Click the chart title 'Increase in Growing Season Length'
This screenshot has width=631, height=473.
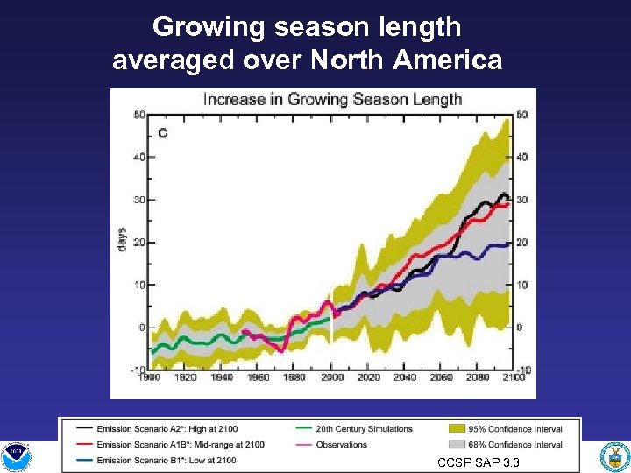pyautogui.click(x=332, y=99)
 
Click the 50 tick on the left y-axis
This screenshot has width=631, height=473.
pyautogui.click(x=139, y=115)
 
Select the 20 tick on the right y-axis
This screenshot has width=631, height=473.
pyautogui.click(x=521, y=243)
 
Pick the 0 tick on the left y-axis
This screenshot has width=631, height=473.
pyautogui.click(x=140, y=328)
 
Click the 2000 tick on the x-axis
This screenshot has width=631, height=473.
pyautogui.click(x=332, y=378)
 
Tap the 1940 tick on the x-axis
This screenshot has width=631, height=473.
pyautogui.click(x=223, y=378)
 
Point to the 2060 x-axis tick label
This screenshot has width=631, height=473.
pyautogui.click(x=442, y=378)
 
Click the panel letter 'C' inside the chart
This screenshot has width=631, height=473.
pyautogui.click(x=162, y=133)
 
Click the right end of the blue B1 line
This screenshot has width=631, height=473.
pyautogui.click(x=509, y=245)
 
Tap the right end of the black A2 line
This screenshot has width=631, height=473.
pyautogui.click(x=507, y=196)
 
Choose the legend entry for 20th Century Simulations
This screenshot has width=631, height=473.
pyautogui.click(x=364, y=429)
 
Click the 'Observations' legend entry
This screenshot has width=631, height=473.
pyautogui.click(x=341, y=445)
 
